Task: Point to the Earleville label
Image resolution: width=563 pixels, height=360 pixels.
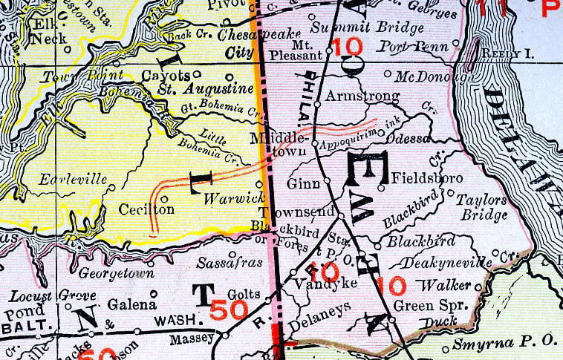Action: (65, 179)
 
